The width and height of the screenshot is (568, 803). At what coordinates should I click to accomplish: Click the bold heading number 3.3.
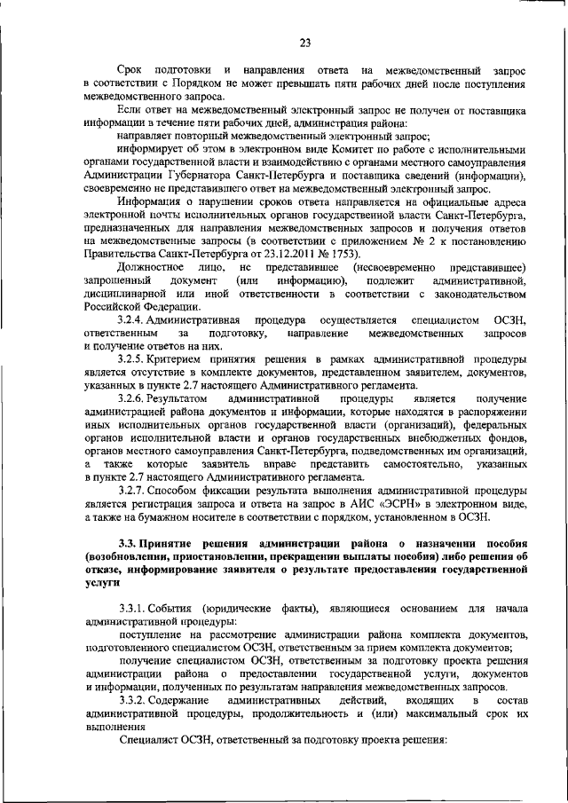129,543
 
